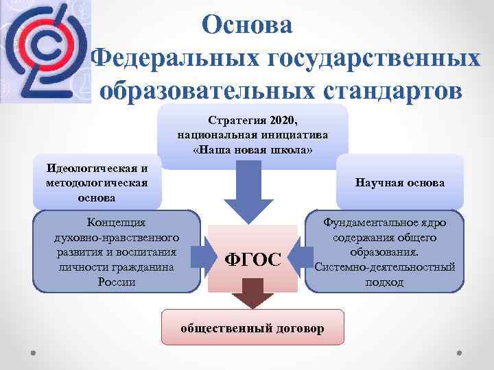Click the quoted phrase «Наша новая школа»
click(252, 150)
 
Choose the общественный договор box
click(252, 328)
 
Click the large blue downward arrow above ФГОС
click(253, 192)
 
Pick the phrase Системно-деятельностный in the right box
click(384, 267)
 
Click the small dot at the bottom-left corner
click(34, 356)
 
